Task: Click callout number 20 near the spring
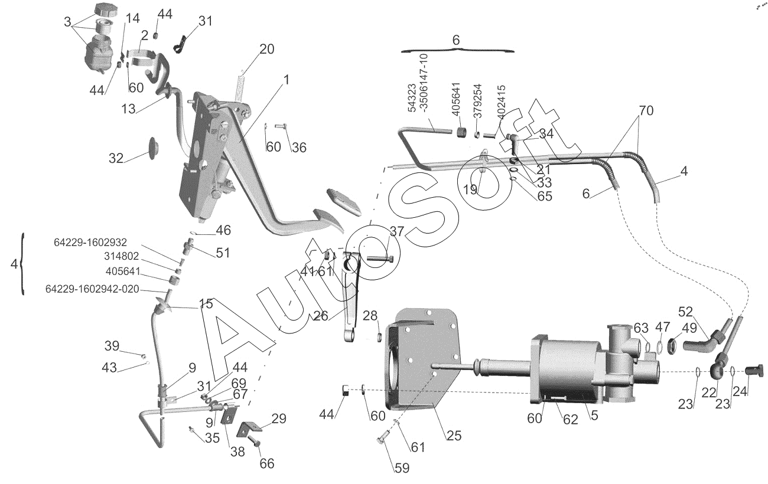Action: pos(267,50)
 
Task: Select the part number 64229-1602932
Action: pos(90,243)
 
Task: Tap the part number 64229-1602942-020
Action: pos(92,289)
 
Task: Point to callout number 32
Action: pos(116,158)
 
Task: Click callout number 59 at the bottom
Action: pos(402,468)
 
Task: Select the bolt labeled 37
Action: pos(380,259)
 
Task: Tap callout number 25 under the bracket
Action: pos(454,436)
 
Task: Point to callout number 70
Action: pos(646,110)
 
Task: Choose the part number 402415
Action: pos(501,102)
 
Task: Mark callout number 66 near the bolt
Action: pos(267,464)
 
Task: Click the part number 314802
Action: pos(121,256)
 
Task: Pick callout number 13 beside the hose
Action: pos(128,109)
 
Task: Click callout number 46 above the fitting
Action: pos(223,230)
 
